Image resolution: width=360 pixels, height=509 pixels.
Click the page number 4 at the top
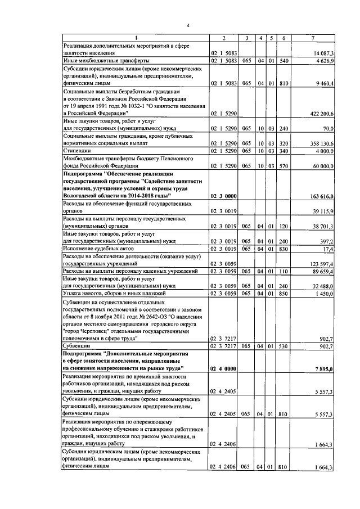(x=188, y=25)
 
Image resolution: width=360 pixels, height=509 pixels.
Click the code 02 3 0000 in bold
(x=223, y=196)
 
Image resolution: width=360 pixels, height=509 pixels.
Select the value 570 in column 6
(x=284, y=166)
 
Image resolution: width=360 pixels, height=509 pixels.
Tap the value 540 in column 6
(x=284, y=60)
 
